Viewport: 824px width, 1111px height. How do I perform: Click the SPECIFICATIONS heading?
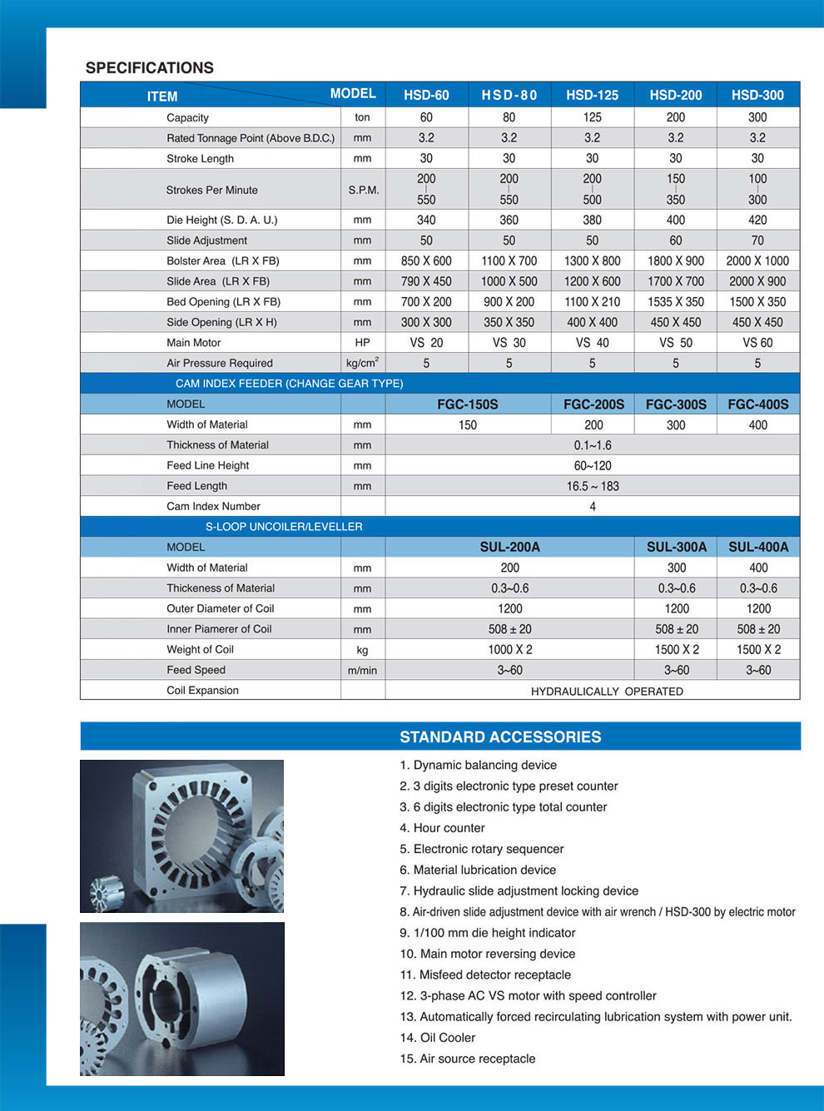coord(150,68)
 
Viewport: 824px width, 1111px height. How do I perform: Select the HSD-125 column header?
coord(592,95)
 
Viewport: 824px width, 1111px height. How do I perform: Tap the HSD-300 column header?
coord(757,95)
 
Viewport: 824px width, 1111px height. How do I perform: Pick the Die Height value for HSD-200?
coord(675,220)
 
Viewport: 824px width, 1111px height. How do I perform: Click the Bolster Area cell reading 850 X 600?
coord(426,260)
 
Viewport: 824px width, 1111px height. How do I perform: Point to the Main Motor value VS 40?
coord(592,342)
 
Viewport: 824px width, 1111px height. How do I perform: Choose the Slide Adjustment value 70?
coord(757,241)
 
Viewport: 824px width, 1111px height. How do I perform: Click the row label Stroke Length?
coord(200,158)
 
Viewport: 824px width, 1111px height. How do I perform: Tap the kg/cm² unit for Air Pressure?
coord(362,363)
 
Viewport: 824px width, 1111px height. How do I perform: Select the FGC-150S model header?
coord(468,404)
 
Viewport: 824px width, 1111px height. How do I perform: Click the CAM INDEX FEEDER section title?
coord(289,384)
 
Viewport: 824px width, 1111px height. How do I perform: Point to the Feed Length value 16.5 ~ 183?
coord(593,486)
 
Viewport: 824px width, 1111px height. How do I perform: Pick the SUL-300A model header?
coord(676,547)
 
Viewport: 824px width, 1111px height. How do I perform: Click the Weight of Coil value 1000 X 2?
coord(510,650)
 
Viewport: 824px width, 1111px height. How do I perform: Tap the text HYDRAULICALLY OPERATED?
coord(607,691)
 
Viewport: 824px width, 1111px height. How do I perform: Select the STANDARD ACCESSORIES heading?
coord(500,737)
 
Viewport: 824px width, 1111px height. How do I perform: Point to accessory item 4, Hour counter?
coord(442,828)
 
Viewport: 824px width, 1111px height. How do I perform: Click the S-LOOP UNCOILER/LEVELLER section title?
coord(284,527)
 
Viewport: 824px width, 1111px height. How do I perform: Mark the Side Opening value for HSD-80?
coord(509,322)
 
